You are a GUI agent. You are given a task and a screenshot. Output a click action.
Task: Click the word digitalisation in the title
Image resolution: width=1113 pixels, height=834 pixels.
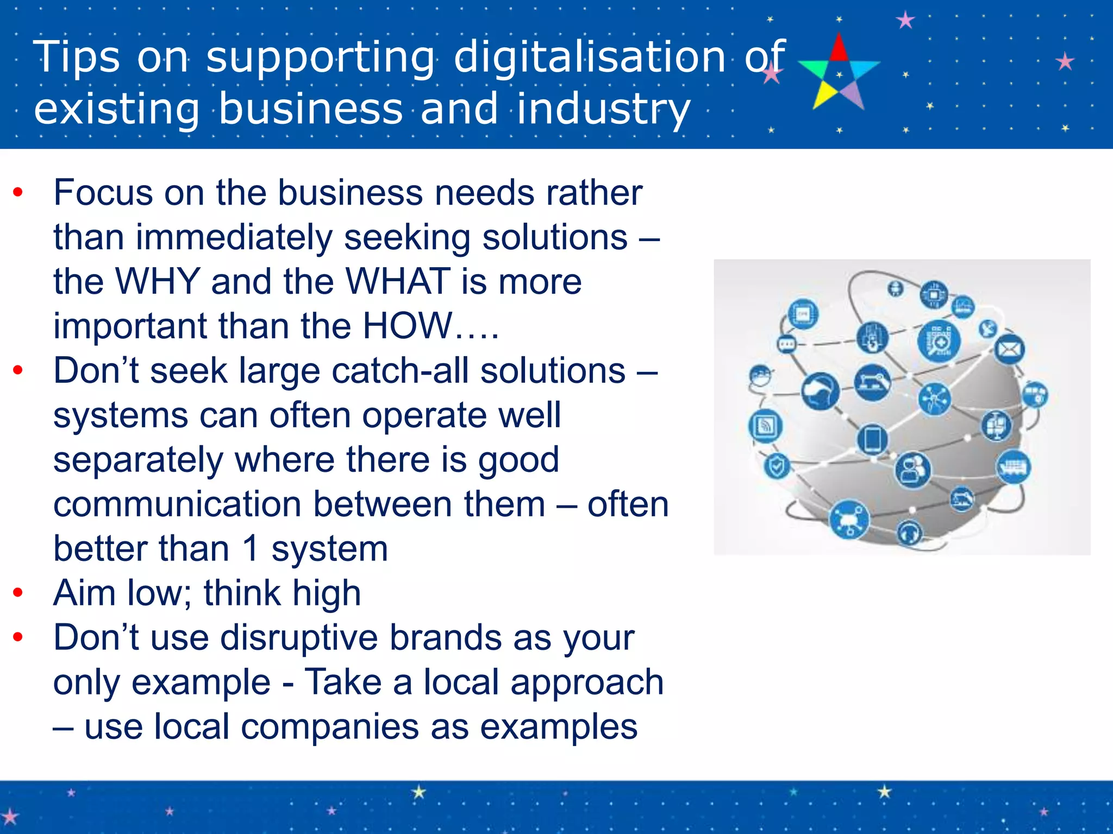coord(589,57)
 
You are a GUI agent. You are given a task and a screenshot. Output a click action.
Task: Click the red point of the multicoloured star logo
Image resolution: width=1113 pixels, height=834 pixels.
coord(839,48)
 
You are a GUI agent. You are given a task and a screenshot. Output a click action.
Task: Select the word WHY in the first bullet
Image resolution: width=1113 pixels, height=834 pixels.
coord(158,281)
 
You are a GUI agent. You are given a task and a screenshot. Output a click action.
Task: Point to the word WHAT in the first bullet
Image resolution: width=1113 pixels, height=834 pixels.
coord(398,281)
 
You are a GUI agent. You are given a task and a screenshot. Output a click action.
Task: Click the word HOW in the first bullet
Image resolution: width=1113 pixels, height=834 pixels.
coord(407,326)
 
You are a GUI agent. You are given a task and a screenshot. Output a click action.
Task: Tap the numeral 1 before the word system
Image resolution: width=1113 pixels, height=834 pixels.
coord(251,548)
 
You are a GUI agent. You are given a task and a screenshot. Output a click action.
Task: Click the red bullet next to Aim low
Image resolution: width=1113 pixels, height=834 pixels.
coord(18,592)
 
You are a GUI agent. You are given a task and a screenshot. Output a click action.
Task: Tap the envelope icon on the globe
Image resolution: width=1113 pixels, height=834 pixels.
coord(1009,350)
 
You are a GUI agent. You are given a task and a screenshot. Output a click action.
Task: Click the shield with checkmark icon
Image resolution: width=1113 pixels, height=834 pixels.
coord(777,466)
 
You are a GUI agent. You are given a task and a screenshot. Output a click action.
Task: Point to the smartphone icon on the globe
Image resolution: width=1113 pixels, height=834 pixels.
coord(872,439)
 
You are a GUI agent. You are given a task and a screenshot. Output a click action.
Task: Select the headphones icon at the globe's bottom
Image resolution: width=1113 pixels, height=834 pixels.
coord(909,533)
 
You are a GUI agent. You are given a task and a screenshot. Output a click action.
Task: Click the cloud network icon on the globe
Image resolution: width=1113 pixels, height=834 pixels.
coord(848,520)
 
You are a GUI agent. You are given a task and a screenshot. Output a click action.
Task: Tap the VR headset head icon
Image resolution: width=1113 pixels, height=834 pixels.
coord(820,391)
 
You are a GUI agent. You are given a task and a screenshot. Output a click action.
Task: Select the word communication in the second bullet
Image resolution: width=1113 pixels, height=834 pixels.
coord(178,504)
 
